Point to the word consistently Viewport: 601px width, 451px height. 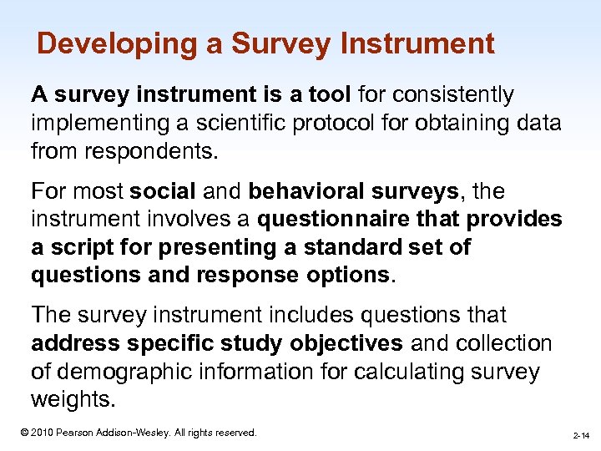click(462, 95)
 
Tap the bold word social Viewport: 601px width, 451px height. click(162, 191)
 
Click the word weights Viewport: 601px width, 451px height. click(70, 399)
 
